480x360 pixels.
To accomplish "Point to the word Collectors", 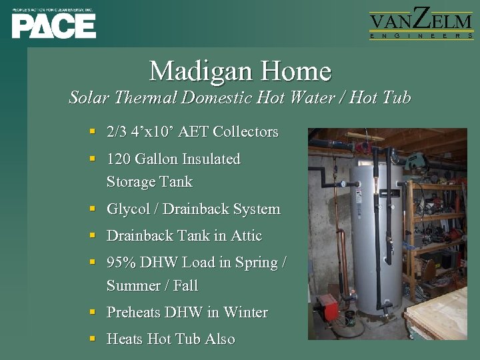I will pos(245,132).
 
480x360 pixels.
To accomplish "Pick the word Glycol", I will pos(129,209).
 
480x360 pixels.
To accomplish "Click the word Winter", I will pos(245,313).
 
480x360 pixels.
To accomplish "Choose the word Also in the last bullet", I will pos(220,339).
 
